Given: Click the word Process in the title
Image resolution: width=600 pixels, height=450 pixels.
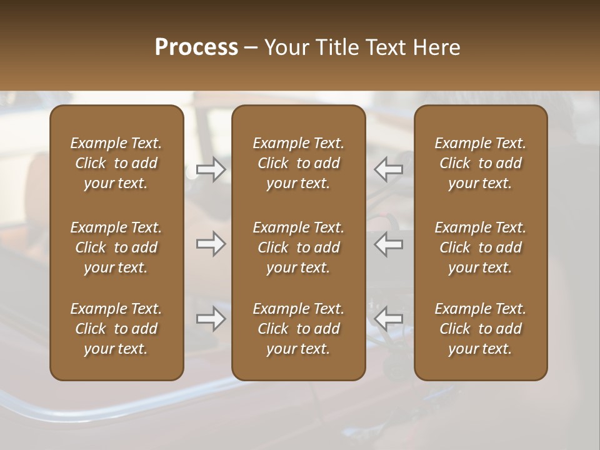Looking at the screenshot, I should (x=196, y=47).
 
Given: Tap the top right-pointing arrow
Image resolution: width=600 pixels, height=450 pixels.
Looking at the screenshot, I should (x=211, y=169).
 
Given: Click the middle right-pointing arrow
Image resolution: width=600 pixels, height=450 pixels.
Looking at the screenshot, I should (x=211, y=244).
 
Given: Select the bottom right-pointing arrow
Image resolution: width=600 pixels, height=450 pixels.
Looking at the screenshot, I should (x=211, y=319).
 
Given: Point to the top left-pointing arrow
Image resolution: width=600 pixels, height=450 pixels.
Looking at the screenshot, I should (x=389, y=169).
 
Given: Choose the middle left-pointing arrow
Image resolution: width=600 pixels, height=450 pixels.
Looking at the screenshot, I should (x=389, y=244).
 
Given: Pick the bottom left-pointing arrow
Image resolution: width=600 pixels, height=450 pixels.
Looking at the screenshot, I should (x=389, y=319).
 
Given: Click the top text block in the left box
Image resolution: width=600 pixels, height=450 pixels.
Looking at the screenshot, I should (x=116, y=163).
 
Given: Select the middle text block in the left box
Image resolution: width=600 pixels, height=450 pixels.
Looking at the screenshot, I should (x=116, y=247).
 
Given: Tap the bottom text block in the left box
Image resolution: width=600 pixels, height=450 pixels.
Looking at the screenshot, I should (x=116, y=329).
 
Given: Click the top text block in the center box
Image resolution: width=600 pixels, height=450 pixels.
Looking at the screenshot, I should (x=298, y=163).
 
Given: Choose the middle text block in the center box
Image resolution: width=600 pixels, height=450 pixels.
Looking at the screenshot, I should (x=298, y=247).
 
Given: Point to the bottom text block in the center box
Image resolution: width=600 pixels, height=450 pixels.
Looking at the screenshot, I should (x=298, y=329).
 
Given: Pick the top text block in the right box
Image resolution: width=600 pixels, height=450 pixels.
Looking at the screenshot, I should (x=481, y=163).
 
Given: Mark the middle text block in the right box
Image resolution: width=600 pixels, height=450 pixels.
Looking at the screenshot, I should (x=481, y=247).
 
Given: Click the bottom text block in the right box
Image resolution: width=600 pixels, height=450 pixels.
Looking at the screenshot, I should (x=481, y=329).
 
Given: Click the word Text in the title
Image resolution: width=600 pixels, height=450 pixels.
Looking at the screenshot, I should (x=386, y=47).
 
